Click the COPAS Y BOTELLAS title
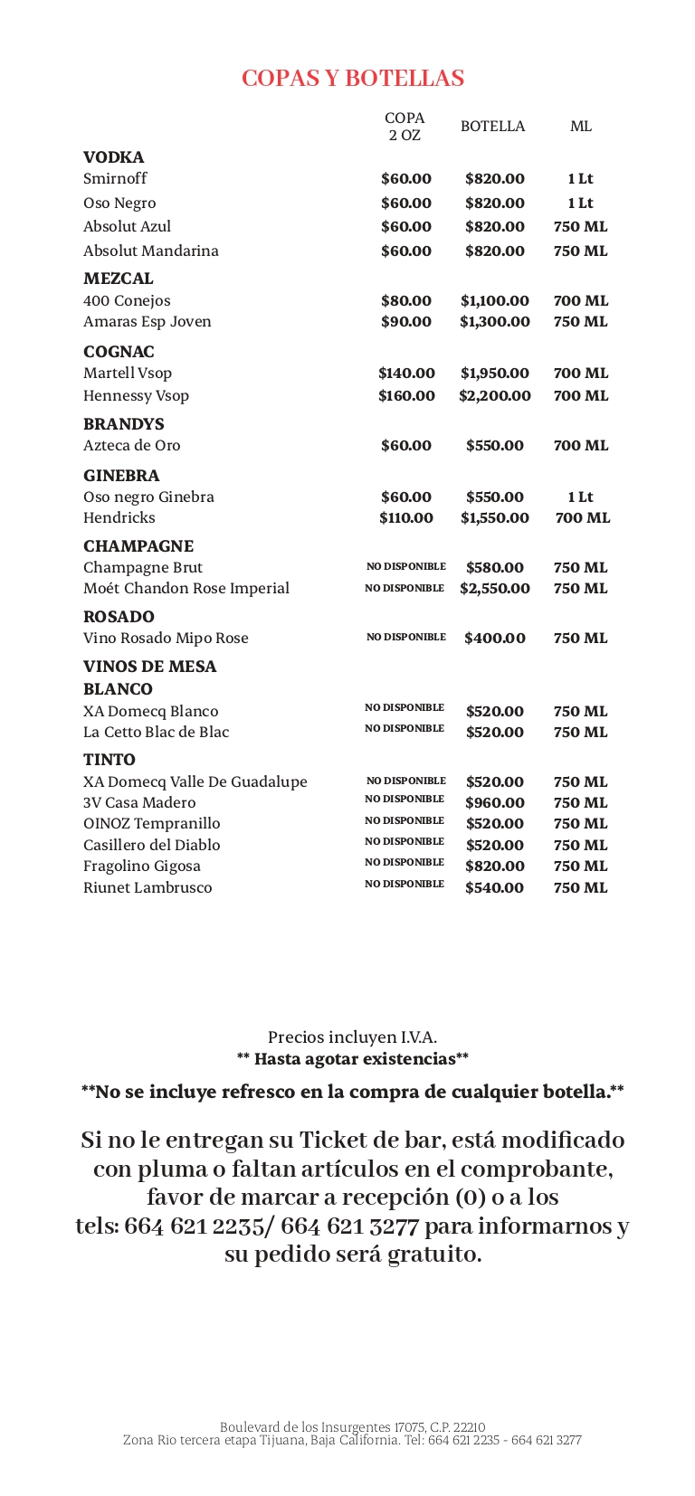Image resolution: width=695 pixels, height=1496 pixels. (353, 79)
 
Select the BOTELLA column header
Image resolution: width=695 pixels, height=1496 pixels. (492, 127)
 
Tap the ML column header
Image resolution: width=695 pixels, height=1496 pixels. (581, 127)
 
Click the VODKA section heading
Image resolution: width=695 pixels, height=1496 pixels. (114, 157)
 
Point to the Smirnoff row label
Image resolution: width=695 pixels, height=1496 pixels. (115, 179)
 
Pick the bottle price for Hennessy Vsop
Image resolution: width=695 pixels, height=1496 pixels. (495, 396)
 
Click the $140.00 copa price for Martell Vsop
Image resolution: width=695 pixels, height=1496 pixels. (406, 374)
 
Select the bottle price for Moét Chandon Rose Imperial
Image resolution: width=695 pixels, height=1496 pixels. (495, 589)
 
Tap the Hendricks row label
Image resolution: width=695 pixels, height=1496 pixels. (119, 518)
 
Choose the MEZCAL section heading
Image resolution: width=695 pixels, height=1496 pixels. (119, 279)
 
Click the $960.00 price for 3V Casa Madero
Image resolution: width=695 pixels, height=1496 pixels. (495, 803)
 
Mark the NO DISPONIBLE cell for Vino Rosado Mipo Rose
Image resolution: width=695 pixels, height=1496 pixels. (406, 638)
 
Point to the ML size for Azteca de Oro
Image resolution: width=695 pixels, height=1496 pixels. (581, 446)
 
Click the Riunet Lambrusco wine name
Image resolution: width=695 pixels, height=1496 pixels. (148, 888)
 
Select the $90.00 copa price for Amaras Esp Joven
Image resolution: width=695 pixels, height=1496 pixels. (406, 322)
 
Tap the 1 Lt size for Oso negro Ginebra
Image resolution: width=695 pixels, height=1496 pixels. (581, 497)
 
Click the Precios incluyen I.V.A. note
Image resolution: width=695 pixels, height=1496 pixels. (352, 1037)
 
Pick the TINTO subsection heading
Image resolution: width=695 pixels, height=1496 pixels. (109, 760)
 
